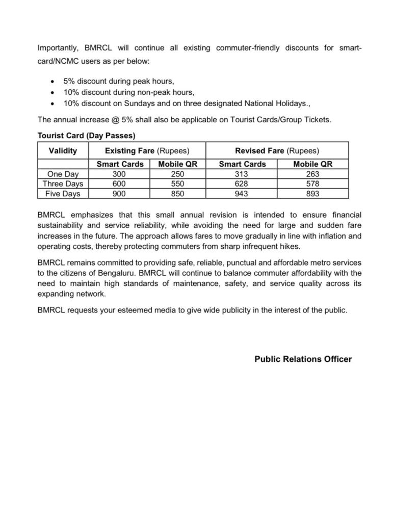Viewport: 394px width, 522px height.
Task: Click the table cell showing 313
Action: click(x=242, y=174)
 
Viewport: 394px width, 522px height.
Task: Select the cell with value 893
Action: click(x=313, y=194)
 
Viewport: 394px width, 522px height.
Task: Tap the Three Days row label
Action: click(x=63, y=184)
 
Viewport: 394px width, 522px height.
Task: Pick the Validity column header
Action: click(x=63, y=151)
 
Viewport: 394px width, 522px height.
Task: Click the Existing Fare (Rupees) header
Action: click(x=147, y=151)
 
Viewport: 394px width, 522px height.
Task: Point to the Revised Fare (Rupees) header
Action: click(x=277, y=151)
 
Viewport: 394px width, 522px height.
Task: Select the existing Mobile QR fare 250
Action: click(x=178, y=174)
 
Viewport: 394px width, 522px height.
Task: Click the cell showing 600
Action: click(x=119, y=184)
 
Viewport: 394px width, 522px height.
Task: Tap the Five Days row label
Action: click(x=63, y=194)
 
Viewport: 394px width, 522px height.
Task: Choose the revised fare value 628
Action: click(x=242, y=184)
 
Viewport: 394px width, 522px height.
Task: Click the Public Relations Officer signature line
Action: click(x=303, y=359)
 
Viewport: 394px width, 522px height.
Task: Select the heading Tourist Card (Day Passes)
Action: click(x=86, y=136)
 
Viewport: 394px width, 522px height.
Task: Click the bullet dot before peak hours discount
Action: click(x=54, y=82)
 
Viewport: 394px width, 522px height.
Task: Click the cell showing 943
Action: click(x=242, y=194)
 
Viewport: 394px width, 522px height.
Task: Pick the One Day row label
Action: click(x=63, y=174)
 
